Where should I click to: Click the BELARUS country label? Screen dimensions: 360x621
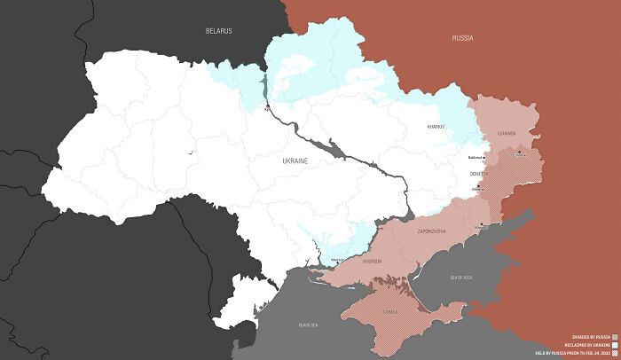[x=218, y=31]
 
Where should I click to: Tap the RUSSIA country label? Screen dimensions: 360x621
[x=462, y=39]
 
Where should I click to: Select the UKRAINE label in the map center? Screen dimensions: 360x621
[x=294, y=161]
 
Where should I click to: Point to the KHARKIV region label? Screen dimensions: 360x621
[x=435, y=128]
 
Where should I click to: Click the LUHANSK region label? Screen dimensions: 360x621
[x=506, y=133]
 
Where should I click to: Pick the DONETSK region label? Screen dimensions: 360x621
[x=479, y=174]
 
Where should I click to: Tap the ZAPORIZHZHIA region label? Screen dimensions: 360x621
[x=432, y=231]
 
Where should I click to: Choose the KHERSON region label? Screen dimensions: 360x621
[x=372, y=261]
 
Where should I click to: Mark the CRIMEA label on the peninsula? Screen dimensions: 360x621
[x=392, y=311]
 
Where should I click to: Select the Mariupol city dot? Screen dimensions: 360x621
[x=480, y=225]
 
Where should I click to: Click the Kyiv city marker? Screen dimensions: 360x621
[x=266, y=108]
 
